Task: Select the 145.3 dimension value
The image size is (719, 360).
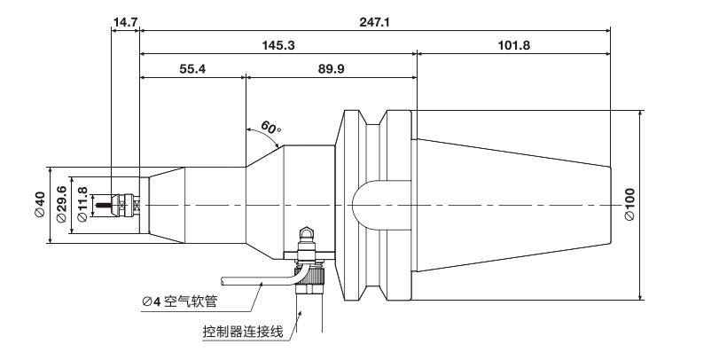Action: click(x=278, y=43)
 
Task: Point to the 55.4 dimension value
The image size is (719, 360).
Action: click(x=191, y=69)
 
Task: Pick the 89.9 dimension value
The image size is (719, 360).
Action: click(x=331, y=69)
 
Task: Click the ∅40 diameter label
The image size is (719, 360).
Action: click(x=40, y=205)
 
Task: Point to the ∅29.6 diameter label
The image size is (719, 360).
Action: click(x=61, y=205)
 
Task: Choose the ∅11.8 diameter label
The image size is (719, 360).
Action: click(x=83, y=205)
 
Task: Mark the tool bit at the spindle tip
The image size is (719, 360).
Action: click(x=113, y=205)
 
